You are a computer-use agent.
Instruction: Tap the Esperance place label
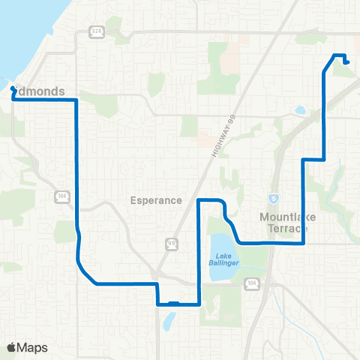(156, 200)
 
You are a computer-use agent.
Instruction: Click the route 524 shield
(97, 31)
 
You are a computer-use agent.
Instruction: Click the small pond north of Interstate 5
(301, 110)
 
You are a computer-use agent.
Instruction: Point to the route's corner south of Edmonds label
(76, 99)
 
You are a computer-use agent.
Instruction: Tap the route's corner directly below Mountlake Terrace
(303, 243)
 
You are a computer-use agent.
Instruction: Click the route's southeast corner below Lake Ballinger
(198, 304)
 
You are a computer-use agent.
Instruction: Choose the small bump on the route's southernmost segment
(173, 302)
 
